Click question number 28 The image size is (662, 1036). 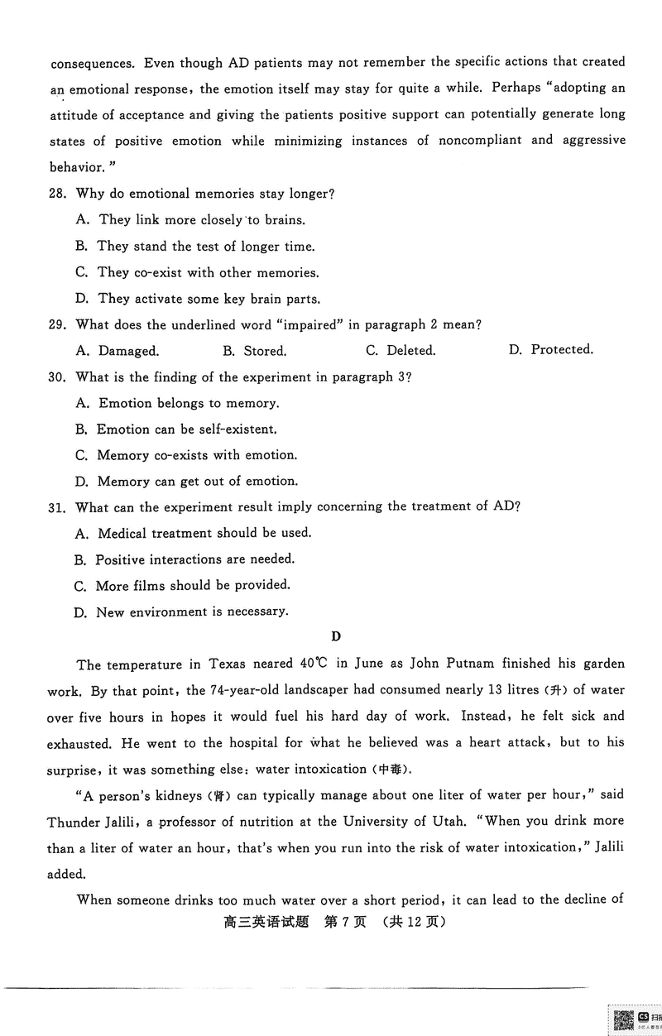coord(60,194)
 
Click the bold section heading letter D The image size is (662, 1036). coord(335,636)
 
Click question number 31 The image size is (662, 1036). coord(60,507)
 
